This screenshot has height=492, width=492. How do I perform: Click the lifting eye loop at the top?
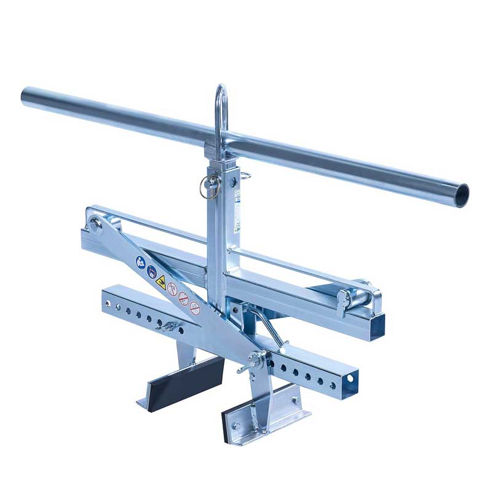[x=221, y=111]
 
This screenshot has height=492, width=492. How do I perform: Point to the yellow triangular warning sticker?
[x=161, y=282]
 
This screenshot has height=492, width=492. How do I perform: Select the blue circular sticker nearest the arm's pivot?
[x=141, y=263]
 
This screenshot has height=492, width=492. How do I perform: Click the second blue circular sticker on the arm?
[x=151, y=271]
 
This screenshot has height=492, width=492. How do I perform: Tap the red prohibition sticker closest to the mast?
[x=195, y=309]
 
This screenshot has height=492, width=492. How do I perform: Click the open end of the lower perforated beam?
[x=350, y=379]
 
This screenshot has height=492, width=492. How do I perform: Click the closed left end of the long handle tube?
[x=26, y=96]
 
